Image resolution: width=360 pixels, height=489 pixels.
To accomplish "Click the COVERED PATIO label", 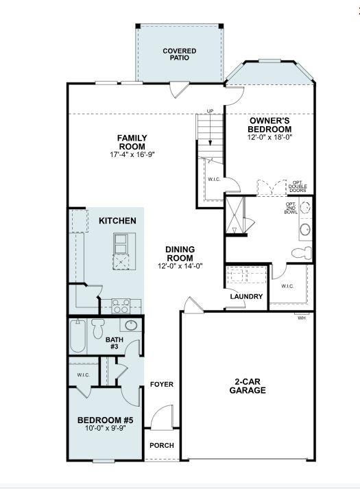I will click(179, 54).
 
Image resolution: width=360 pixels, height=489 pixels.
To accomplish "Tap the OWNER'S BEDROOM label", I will click(269, 124).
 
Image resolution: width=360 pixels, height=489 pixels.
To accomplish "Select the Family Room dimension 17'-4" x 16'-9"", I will click(132, 154).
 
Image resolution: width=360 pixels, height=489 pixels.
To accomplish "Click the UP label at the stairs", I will click(212, 111).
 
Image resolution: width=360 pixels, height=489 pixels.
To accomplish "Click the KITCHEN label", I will click(117, 221).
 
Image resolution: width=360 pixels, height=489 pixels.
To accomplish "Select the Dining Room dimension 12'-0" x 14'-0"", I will click(180, 266).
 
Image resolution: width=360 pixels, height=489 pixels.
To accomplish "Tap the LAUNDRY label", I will click(247, 296).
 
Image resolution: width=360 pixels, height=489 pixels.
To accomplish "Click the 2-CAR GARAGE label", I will click(248, 385).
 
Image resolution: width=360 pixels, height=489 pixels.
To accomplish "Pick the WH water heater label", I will click(301, 318).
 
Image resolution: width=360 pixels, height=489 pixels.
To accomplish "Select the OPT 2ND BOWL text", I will click(291, 208).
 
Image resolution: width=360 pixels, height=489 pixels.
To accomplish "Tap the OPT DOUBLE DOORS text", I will click(298, 186).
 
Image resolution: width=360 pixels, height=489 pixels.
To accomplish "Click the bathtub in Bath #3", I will click(78, 337).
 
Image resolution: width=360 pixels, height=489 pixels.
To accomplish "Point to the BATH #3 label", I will click(114, 343).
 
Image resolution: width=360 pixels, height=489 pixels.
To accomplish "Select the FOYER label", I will click(162, 384).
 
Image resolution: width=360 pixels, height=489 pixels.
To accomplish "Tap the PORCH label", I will click(162, 445).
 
